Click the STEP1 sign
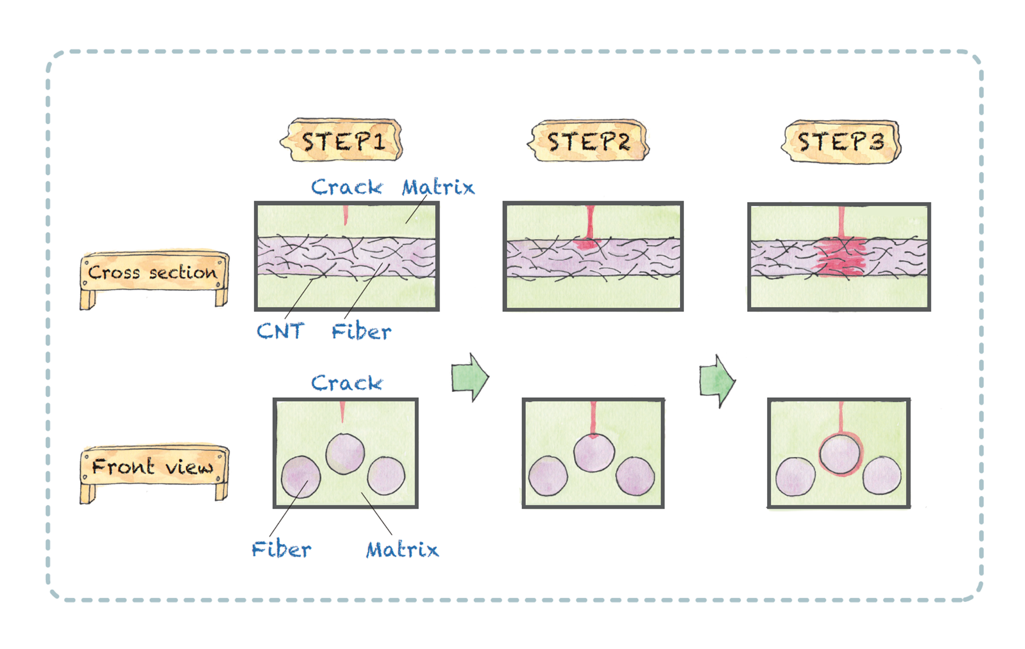click(343, 141)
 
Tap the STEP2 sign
click(589, 141)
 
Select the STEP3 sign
click(840, 141)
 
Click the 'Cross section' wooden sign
click(153, 272)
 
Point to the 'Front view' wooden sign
click(153, 467)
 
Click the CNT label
click(280, 331)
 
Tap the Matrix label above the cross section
click(438, 187)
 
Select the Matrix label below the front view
click(402, 549)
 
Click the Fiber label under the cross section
click(362, 331)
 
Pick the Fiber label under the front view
click(281, 549)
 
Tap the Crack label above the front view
click(347, 383)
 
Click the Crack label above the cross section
click(347, 187)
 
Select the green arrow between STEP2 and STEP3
click(717, 380)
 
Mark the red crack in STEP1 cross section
click(345, 215)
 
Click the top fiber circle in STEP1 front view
click(345, 454)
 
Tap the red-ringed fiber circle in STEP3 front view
click(840, 454)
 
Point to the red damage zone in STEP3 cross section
click(840, 257)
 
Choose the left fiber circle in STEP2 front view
click(548, 476)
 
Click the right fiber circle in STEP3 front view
click(882, 475)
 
